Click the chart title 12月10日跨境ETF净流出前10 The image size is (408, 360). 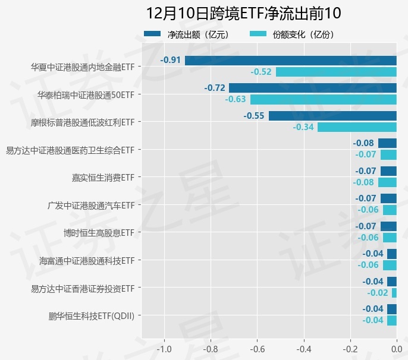click(x=244, y=13)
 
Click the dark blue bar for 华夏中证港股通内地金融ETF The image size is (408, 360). click(x=290, y=60)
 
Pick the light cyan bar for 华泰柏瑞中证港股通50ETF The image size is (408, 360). click(x=323, y=99)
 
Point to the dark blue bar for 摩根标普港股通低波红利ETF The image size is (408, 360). click(x=332, y=116)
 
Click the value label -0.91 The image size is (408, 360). click(x=171, y=60)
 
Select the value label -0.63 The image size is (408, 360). click(x=236, y=99)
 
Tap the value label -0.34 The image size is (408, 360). click(x=303, y=127)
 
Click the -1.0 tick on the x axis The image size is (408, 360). click(x=164, y=349)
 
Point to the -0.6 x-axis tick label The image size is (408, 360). click(x=257, y=349)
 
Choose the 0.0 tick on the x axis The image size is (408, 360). click(x=396, y=349)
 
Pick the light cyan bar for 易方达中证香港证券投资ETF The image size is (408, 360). click(x=394, y=293)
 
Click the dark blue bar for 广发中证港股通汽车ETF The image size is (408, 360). click(x=388, y=198)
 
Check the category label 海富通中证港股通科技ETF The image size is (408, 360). click(x=87, y=260)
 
